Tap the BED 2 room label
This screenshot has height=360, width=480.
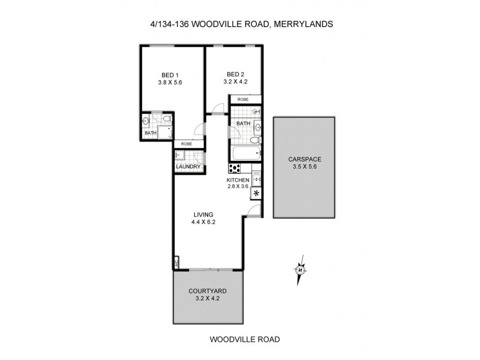click(234, 74)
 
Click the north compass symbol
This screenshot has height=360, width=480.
click(300, 268)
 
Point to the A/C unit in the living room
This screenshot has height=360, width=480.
click(177, 263)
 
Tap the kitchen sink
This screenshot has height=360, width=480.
click(257, 176)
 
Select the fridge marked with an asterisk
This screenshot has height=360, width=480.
click(257, 193)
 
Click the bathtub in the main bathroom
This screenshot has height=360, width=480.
click(246, 154)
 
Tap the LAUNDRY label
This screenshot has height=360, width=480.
click(188, 167)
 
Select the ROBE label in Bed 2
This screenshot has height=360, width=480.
click(243, 100)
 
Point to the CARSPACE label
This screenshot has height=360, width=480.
click(304, 160)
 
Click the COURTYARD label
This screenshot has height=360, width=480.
click(208, 292)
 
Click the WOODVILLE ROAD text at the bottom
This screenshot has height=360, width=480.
click(244, 339)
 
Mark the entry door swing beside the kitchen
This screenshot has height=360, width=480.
click(254, 210)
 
